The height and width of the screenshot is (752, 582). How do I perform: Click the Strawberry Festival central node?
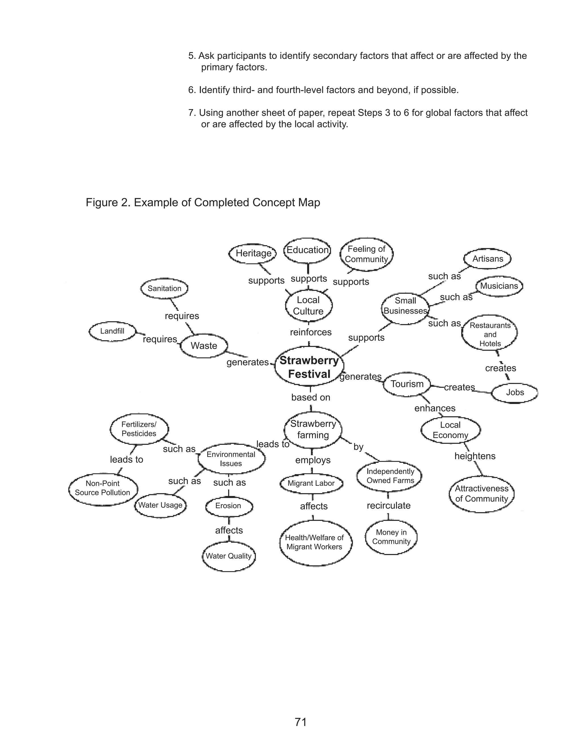(x=309, y=367)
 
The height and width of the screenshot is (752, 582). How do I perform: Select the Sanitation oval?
(x=164, y=289)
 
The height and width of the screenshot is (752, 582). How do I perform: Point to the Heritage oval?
(x=253, y=253)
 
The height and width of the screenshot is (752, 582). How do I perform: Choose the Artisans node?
(x=487, y=259)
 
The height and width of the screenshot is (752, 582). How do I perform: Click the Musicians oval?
(x=499, y=286)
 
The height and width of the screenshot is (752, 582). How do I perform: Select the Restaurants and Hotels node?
(x=490, y=334)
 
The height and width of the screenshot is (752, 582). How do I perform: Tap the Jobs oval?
(x=514, y=392)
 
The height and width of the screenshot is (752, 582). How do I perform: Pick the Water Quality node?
(x=228, y=556)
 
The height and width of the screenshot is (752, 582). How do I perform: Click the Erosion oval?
(x=228, y=505)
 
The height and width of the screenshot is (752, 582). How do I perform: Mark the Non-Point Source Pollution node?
(x=103, y=488)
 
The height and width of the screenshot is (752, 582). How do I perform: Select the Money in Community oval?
(x=391, y=537)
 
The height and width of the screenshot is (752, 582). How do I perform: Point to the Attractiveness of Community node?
(x=481, y=493)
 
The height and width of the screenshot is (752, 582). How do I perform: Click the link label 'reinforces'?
(x=311, y=332)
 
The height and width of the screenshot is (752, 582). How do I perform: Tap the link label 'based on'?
(x=311, y=397)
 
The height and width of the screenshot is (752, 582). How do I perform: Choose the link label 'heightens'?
(x=475, y=456)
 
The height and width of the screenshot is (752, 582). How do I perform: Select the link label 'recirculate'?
(x=388, y=505)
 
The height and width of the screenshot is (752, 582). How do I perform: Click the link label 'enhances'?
(x=435, y=408)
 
